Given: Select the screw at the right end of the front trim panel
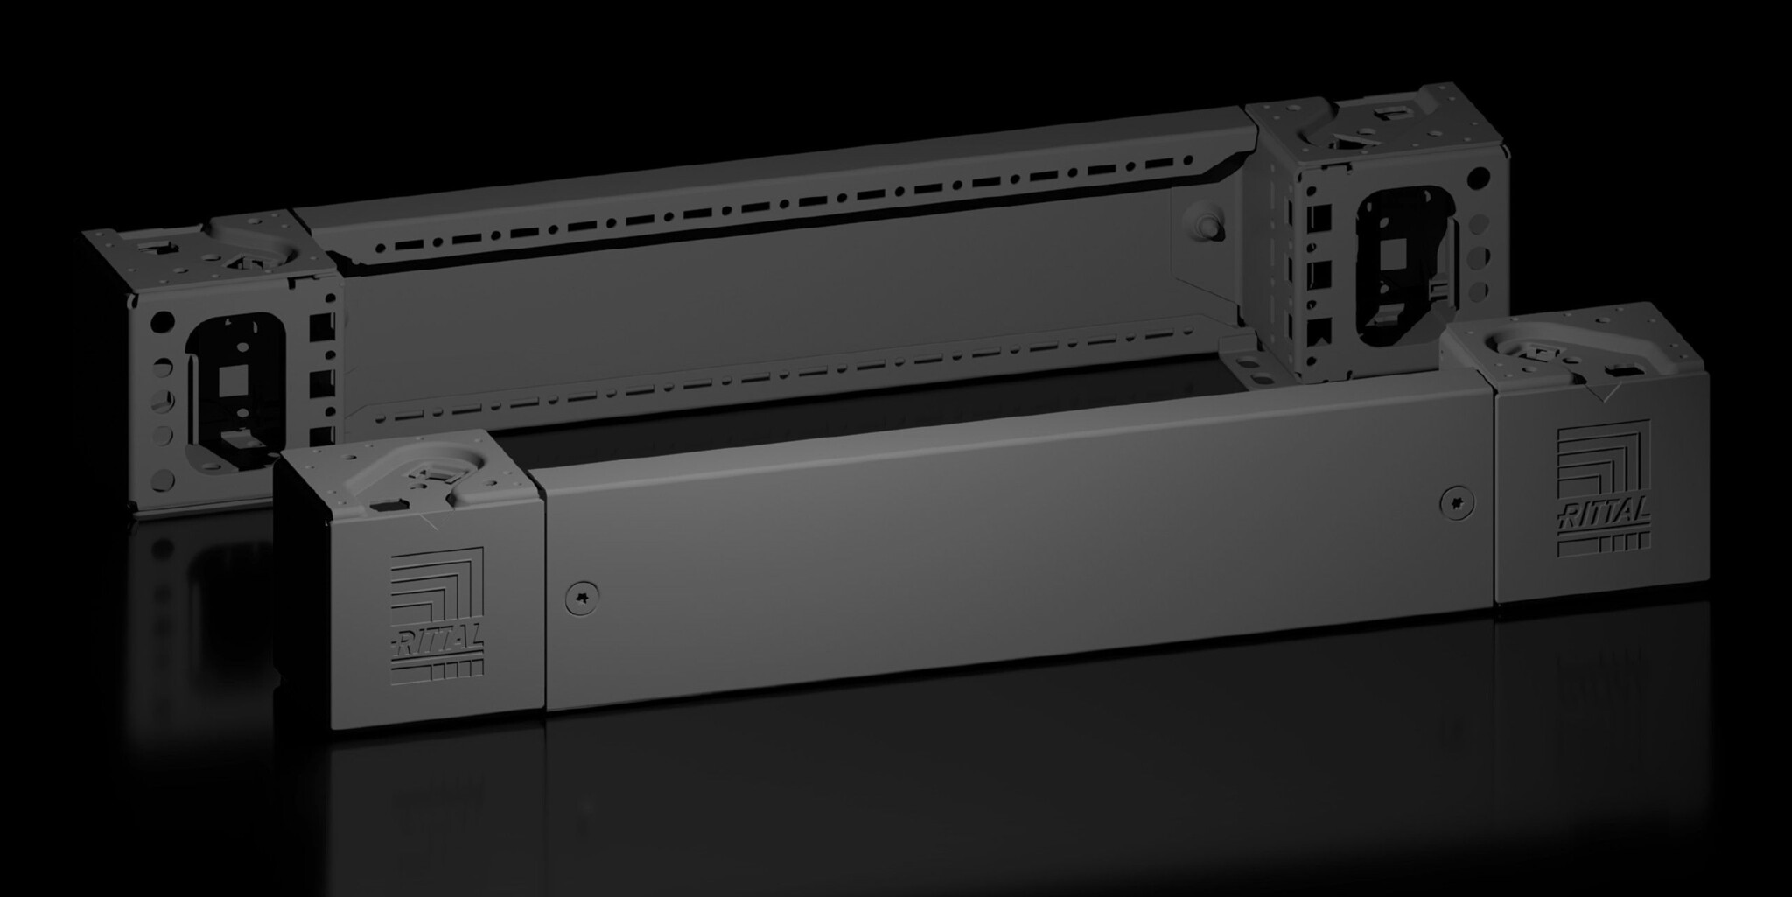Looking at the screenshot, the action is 1457,501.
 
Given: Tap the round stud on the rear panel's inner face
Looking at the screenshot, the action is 1210,224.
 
